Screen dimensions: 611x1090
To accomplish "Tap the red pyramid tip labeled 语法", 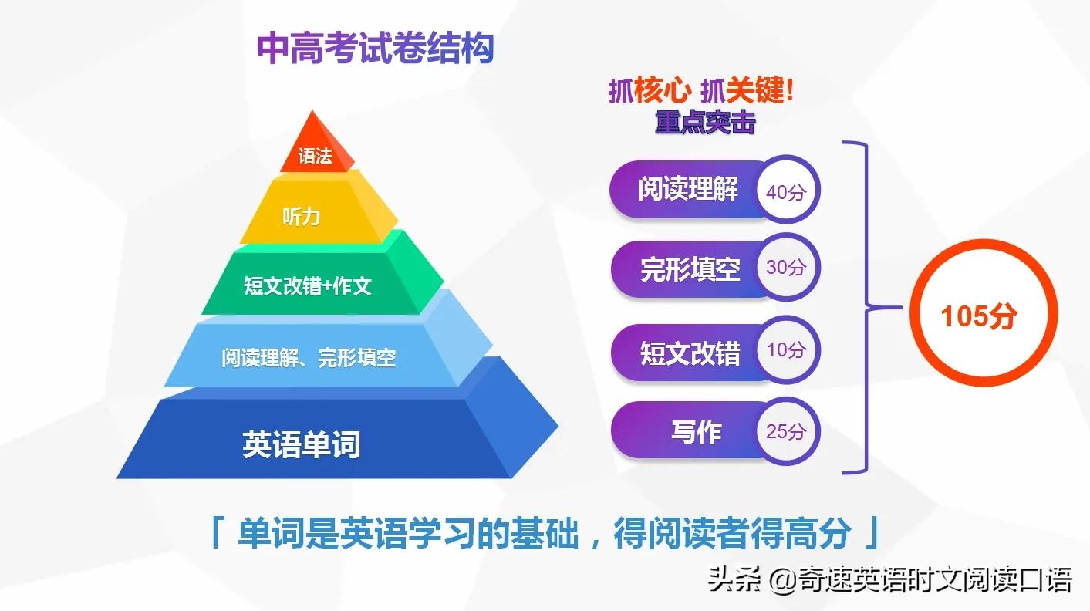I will pyautogui.click(x=315, y=155).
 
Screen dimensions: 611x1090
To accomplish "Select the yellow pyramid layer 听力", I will pyautogui.click(x=301, y=216).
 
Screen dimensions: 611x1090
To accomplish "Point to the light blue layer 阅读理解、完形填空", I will pyautogui.click(x=309, y=357).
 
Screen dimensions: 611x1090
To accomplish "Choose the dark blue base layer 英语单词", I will pyautogui.click(x=301, y=444).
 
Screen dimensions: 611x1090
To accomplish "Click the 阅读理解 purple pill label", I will pyautogui.click(x=687, y=189).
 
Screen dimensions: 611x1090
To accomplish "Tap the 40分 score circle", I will pyautogui.click(x=785, y=192).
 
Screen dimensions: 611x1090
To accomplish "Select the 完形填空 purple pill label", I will pyautogui.click(x=690, y=269).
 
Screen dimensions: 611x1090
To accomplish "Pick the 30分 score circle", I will pyautogui.click(x=785, y=268).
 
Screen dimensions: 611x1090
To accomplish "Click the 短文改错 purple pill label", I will pyautogui.click(x=690, y=353).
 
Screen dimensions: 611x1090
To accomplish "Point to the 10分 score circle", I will pyautogui.click(x=785, y=350).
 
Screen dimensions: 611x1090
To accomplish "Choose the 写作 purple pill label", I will pyautogui.click(x=695, y=432).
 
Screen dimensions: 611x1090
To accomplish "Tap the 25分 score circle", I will pyautogui.click(x=785, y=431).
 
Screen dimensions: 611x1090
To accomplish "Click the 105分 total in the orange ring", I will pyautogui.click(x=979, y=316).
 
